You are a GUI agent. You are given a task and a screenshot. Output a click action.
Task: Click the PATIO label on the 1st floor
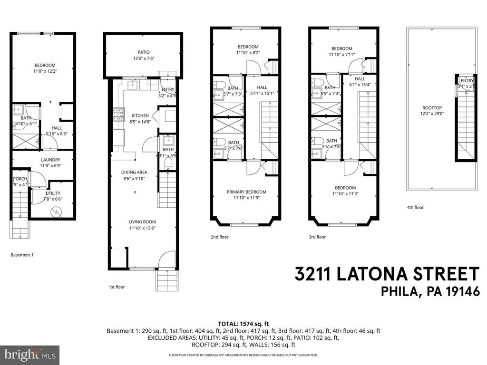point(144,52)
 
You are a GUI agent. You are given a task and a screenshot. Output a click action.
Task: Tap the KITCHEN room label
point(140,115)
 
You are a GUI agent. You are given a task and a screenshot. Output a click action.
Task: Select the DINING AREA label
point(136,173)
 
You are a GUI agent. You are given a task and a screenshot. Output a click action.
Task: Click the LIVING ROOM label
point(142,221)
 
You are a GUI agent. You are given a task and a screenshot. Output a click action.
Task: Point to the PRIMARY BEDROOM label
point(246,192)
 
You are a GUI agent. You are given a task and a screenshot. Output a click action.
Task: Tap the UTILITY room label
point(53,193)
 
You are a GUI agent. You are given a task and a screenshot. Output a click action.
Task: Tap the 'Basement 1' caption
point(22,255)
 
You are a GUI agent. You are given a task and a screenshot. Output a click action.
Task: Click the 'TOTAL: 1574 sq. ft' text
point(243,323)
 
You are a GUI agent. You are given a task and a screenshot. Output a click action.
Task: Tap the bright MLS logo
point(29,355)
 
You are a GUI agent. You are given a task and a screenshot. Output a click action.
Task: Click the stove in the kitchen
point(117,115)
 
